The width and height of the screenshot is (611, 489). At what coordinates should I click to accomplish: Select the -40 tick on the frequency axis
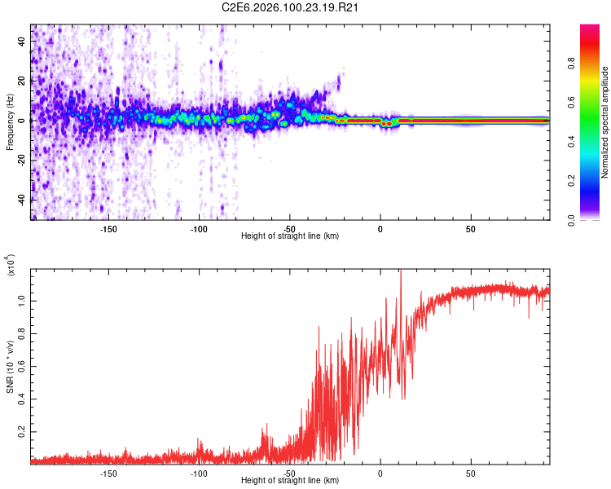tap(21, 200)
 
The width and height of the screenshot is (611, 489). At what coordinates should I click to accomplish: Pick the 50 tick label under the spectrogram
tap(470, 229)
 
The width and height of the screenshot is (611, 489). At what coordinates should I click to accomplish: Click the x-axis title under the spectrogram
tap(290, 236)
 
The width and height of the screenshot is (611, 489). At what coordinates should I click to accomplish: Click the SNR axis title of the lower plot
tap(10, 367)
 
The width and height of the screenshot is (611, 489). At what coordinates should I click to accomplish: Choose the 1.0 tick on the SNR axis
tap(23, 300)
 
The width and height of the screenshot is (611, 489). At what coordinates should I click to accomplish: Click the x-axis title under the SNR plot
tap(290, 481)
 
